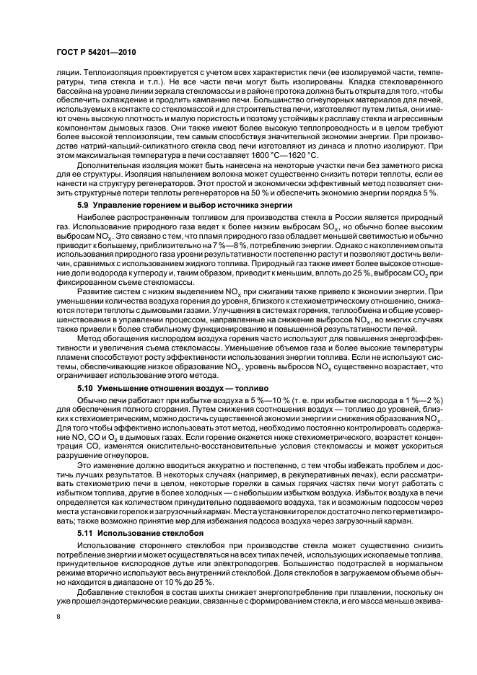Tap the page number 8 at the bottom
coord(58,617)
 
